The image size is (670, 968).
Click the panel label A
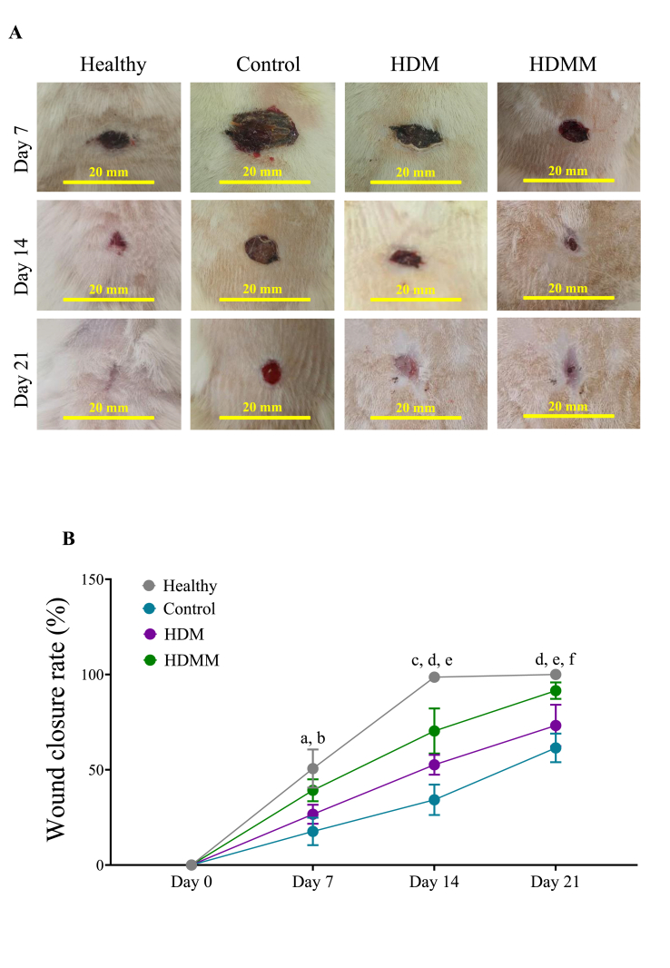click(15, 34)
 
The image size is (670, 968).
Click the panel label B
click(68, 538)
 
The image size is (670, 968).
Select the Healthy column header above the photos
click(113, 64)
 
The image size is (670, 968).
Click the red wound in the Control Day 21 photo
click(271, 372)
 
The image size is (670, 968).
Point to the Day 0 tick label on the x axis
click(191, 883)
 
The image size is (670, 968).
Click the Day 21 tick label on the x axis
click(555, 883)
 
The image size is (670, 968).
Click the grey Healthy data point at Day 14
click(434, 677)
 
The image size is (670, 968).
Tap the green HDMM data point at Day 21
click(556, 691)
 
